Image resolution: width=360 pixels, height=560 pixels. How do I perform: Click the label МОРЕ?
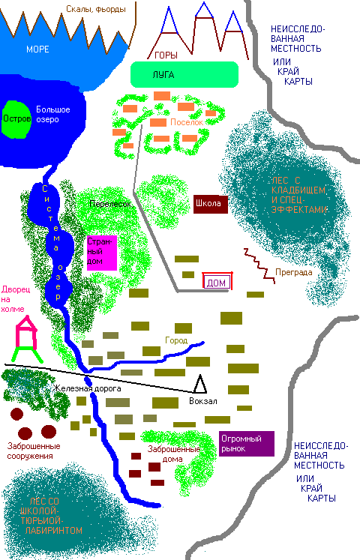coord(37,49)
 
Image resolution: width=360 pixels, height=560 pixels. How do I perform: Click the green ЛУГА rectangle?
coord(184,73)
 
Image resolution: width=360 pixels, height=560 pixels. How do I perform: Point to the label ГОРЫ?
coord(166,55)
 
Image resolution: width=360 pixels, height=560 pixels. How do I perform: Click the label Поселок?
coord(187,122)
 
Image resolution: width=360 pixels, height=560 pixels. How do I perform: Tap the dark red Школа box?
coord(210,203)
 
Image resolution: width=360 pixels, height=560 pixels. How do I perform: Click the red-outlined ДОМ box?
coord(216,282)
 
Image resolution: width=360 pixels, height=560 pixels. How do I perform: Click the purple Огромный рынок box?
coord(247,443)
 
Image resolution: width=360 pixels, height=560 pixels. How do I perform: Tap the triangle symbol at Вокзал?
coord(199,385)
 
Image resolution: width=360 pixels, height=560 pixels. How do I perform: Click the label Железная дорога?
coord(87,389)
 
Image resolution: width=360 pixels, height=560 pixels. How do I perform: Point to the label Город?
coord(176,340)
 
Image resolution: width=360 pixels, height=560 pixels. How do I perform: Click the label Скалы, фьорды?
coord(94,8)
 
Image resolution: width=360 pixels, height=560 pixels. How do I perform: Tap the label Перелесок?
coord(110,204)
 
